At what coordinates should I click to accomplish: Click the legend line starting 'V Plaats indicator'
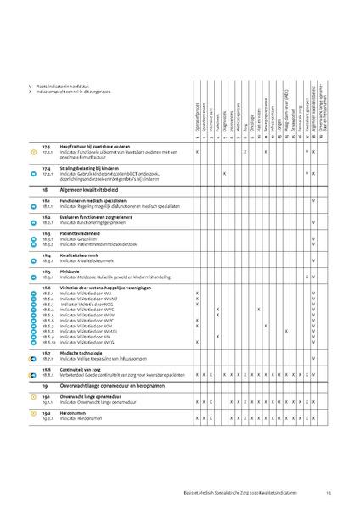tap(69, 87)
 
